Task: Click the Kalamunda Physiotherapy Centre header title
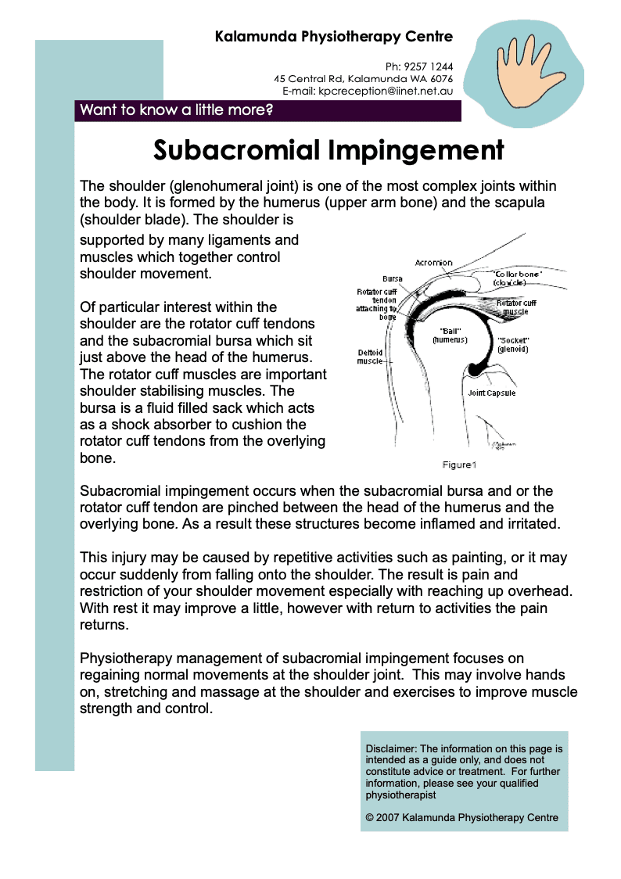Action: coord(334,36)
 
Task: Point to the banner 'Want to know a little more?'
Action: coord(177,110)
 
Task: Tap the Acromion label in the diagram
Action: coord(433,263)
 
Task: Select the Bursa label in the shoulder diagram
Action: coord(393,278)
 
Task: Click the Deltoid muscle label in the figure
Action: coord(370,357)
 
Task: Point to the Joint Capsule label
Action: coord(491,393)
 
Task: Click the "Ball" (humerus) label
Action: coord(449,335)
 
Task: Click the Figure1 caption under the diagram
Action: coord(458,465)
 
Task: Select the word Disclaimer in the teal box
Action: coord(391,748)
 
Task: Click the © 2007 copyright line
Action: coord(461,818)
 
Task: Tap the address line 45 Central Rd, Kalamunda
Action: coord(363,79)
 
